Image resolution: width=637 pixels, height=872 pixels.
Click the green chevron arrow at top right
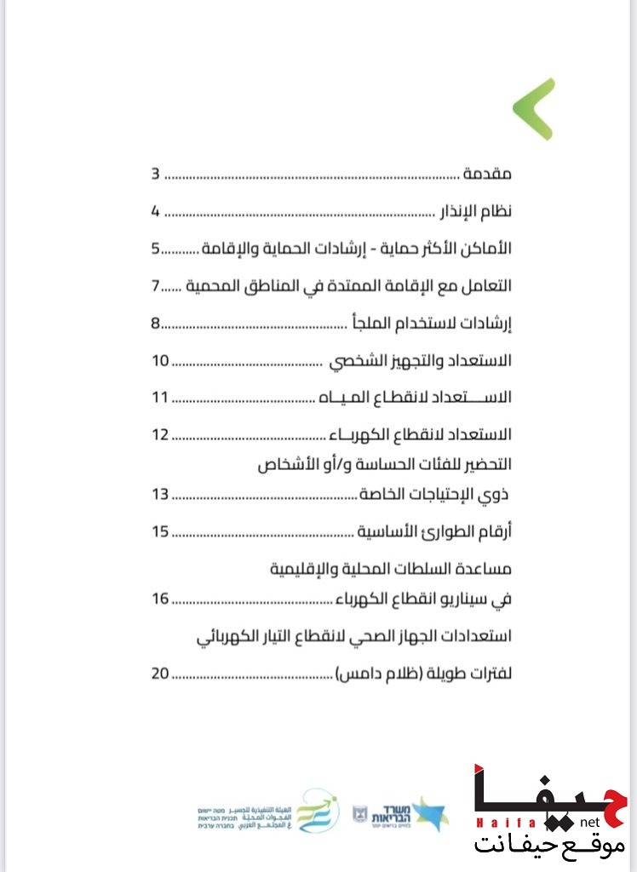click(535, 108)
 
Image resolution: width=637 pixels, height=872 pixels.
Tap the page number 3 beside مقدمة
click(156, 175)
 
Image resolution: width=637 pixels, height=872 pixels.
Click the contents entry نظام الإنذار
click(474, 211)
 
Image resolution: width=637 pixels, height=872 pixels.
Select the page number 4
click(156, 211)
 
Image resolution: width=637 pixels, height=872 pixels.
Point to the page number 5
click(156, 249)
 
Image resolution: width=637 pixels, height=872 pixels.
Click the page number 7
click(156, 286)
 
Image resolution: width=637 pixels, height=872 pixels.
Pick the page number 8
click(156, 323)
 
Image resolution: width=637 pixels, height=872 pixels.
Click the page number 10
click(161, 360)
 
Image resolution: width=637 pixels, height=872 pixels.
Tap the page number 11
click(161, 398)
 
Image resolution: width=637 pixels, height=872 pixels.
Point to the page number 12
click(161, 435)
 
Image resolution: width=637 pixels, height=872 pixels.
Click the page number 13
click(161, 494)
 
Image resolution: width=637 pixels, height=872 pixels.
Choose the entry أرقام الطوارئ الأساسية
click(436, 531)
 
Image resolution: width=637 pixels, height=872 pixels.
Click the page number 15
click(161, 531)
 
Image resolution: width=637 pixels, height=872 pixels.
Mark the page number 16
click(161, 599)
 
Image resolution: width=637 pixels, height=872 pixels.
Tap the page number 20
click(161, 674)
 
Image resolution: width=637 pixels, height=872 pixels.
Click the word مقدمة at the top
click(487, 175)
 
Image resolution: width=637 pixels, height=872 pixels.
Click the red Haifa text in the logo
click(497, 823)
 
